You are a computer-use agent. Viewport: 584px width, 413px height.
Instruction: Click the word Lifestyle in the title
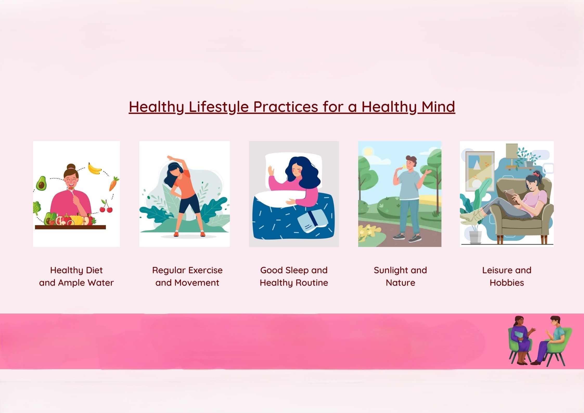(x=219, y=107)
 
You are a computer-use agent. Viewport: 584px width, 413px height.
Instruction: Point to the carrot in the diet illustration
(x=114, y=183)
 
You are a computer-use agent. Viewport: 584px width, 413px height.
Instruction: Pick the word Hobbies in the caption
(x=507, y=283)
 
